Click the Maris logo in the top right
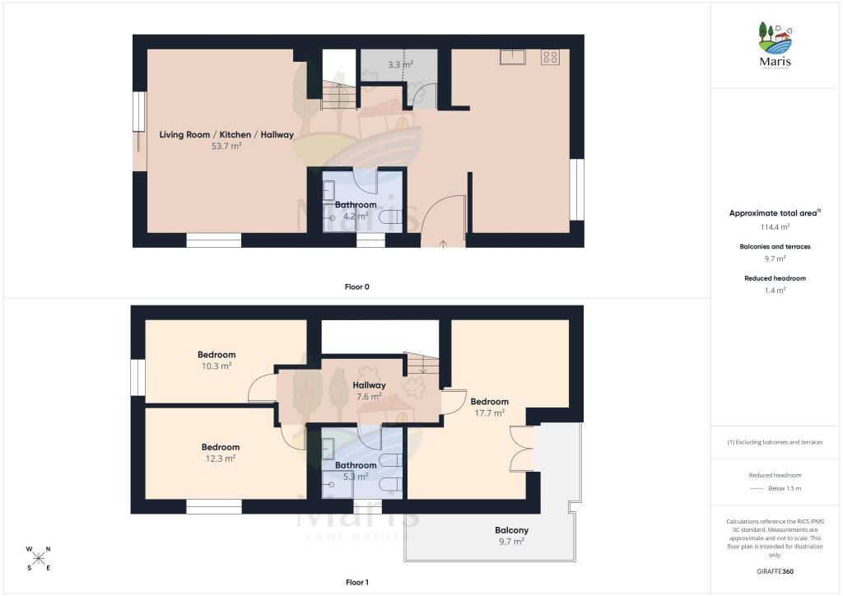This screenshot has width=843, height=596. coord(775,45)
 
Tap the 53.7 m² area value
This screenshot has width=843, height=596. coord(226,146)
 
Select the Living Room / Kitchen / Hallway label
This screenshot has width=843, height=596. coord(226,134)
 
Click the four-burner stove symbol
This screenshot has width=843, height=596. coord(550,57)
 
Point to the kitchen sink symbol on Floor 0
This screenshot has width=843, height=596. coord(512,57)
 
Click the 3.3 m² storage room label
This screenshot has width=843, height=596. coord(401,64)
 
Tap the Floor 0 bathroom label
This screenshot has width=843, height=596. coord(356,205)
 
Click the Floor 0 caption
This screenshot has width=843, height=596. coord(357,286)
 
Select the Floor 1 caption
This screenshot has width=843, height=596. coord(357,582)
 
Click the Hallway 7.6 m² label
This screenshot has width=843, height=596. coord(369,391)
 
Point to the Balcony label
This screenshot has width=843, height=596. coord(511,530)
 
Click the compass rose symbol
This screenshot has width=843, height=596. coord(38,558)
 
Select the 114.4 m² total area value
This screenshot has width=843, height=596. coord(775,226)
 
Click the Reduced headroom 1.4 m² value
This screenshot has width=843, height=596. coord(775,291)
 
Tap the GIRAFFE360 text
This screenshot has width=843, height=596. coord(775,571)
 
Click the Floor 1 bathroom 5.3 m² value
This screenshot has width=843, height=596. coord(356,477)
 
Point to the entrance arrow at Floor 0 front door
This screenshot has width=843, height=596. coord(443,244)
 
